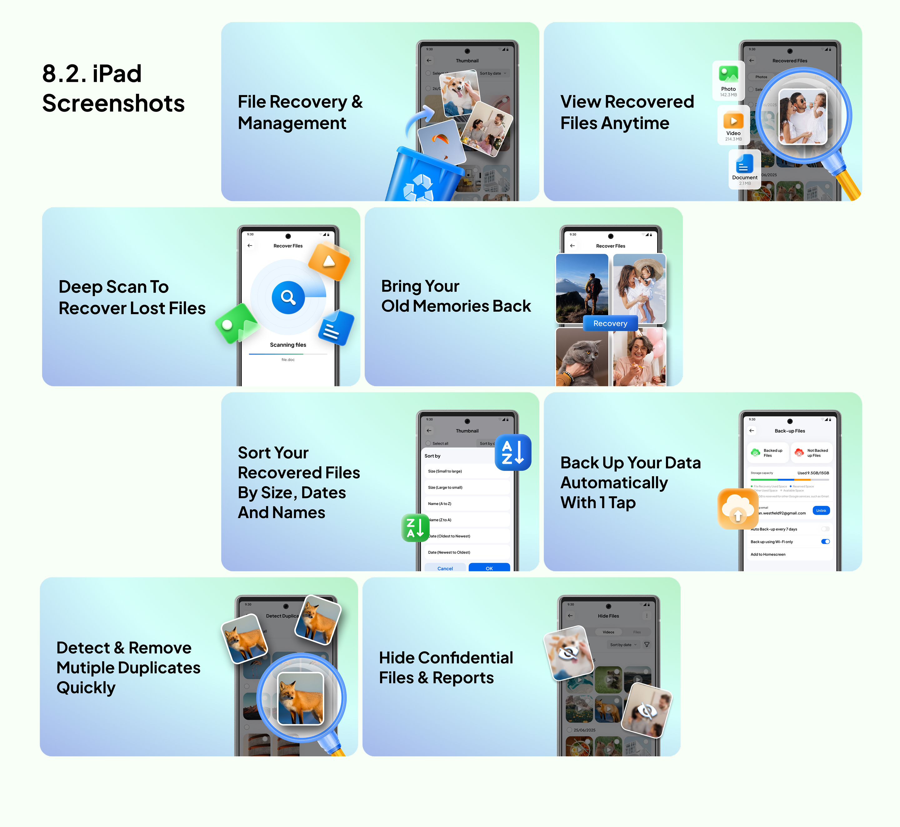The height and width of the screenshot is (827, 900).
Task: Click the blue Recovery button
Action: (610, 323)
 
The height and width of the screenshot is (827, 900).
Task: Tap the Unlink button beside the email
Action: (821, 511)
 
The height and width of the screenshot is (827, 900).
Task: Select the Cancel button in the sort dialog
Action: (445, 568)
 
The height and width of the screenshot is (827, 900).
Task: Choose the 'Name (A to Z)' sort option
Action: (466, 503)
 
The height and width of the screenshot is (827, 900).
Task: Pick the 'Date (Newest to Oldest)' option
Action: (466, 552)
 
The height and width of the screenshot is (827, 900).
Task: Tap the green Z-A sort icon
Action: (415, 528)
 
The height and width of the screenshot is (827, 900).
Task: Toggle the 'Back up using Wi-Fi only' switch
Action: (825, 542)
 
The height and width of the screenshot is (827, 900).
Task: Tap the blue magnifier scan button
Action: (288, 297)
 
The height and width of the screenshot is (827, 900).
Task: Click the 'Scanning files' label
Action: (288, 345)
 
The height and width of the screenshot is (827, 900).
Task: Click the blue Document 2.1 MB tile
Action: (744, 169)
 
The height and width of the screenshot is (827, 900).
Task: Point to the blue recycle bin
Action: (418, 177)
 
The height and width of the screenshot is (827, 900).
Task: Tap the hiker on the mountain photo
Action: (582, 289)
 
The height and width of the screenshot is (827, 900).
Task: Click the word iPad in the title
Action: (117, 74)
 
